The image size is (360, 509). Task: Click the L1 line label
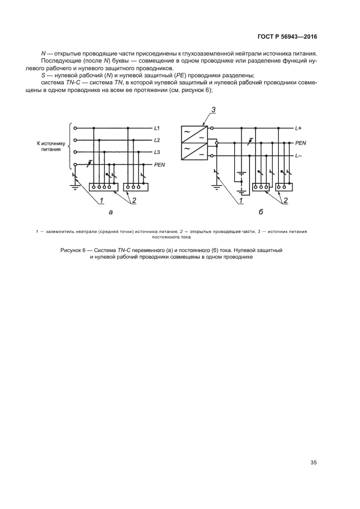157,128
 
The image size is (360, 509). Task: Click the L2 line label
157,140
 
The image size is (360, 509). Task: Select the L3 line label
157,152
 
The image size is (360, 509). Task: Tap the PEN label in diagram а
160,164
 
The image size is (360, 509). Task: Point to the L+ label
298,128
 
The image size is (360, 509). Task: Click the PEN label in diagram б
301,143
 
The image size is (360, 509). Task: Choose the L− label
298,157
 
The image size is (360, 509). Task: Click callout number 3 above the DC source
214,110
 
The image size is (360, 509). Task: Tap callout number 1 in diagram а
101,201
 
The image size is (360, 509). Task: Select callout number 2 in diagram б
285,201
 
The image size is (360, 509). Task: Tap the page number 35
313,463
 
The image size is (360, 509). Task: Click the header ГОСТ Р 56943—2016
287,37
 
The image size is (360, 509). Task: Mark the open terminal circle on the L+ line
217,128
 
